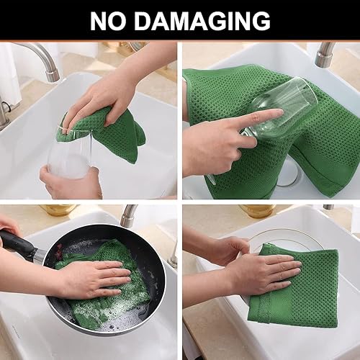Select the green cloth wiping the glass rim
coord(115,133)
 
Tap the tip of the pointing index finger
coord(276,114)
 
